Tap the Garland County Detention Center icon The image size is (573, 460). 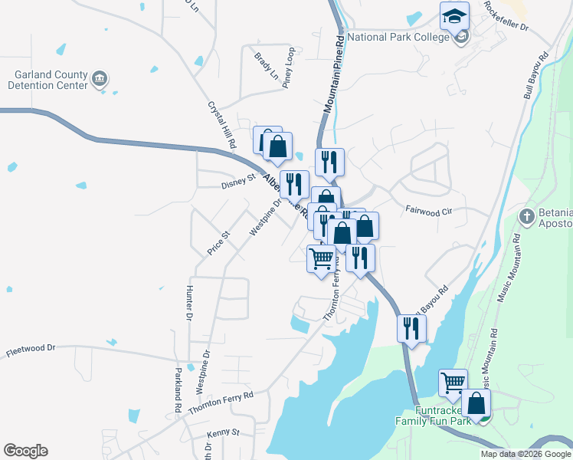[100, 78]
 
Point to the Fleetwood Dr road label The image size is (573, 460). [31, 350]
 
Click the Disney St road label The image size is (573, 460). [237, 181]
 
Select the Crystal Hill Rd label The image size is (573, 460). [219, 127]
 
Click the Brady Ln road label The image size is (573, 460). [266, 66]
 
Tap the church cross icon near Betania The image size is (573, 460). [526, 216]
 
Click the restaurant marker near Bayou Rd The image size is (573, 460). [411, 330]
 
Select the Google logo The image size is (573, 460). [25, 451]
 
